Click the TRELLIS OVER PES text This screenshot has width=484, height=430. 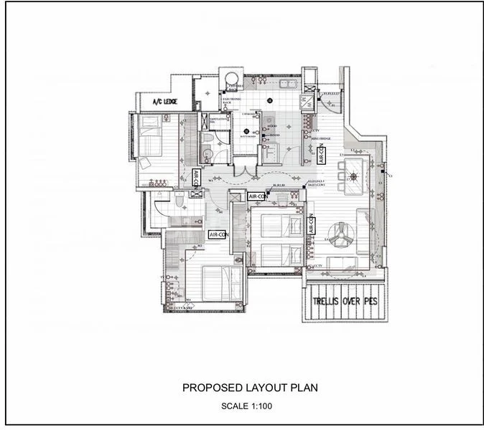344,302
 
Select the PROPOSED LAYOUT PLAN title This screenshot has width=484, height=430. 249,388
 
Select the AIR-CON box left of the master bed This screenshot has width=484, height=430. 218,234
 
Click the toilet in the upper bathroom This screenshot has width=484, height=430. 206,139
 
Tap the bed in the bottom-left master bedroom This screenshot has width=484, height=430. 220,284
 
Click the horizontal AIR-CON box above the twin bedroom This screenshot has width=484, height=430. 257,196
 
